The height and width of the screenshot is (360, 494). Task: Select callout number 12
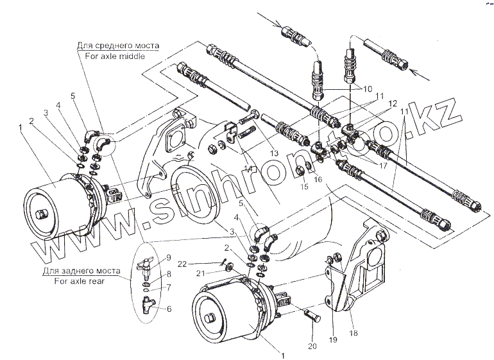[x=392, y=103]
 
